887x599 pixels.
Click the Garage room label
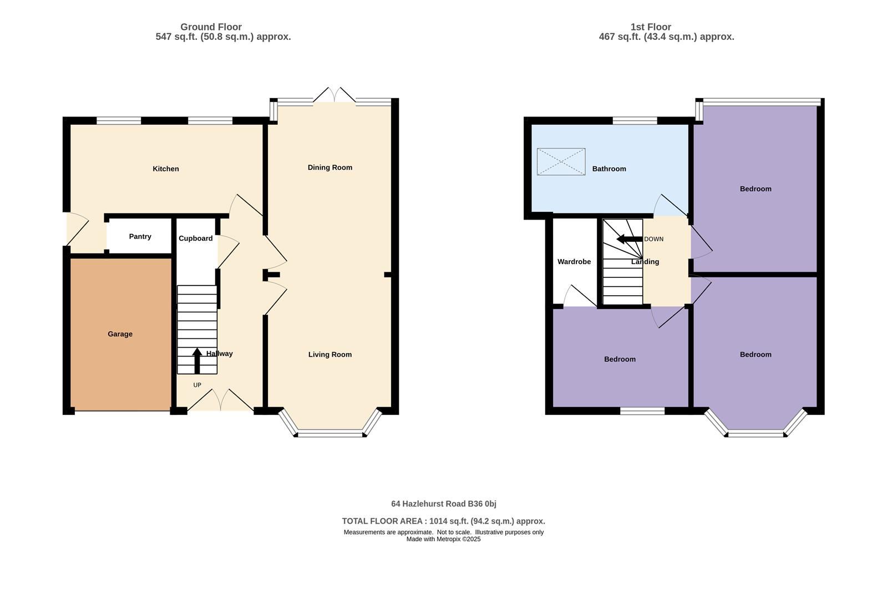tap(120, 334)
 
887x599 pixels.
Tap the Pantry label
tap(140, 236)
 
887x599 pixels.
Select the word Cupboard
tap(195, 238)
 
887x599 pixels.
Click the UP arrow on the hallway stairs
tap(197, 361)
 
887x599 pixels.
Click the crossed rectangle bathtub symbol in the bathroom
tap(561, 162)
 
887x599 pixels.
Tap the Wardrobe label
tap(574, 261)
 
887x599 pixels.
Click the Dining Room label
tap(330, 167)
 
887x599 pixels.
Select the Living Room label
tap(330, 354)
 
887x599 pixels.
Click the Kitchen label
tap(165, 169)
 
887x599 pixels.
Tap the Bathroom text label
tap(609, 169)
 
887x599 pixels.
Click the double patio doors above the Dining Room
tap(334, 95)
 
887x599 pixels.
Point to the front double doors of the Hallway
tap(220, 400)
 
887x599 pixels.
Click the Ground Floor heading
tap(211, 27)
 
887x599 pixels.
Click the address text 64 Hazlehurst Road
tap(443, 504)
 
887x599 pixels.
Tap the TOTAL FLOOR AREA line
tap(443, 521)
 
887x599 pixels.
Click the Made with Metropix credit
tap(443, 539)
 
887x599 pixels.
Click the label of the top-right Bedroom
tap(755, 189)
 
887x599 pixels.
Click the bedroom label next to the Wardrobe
tap(620, 359)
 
